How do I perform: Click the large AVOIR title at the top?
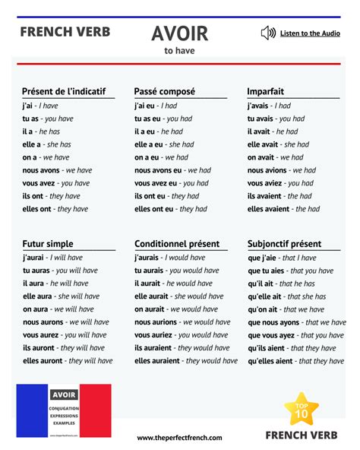(x=179, y=33)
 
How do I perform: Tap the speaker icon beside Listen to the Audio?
(x=267, y=33)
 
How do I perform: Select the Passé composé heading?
(x=165, y=91)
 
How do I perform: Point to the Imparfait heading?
(x=266, y=91)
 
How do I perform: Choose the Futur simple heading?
(x=48, y=244)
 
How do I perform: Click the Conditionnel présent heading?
(x=177, y=244)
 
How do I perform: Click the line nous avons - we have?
(x=57, y=170)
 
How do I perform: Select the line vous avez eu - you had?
(x=171, y=183)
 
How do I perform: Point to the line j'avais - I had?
(x=269, y=106)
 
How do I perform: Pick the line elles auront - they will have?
(x=68, y=361)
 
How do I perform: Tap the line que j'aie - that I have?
(x=282, y=258)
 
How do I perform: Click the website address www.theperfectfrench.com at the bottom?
(x=179, y=438)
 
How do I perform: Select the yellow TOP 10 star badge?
(x=301, y=410)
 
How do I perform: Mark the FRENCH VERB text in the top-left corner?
(x=65, y=32)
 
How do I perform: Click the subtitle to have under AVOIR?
(x=179, y=52)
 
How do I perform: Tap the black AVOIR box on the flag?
(x=63, y=395)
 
